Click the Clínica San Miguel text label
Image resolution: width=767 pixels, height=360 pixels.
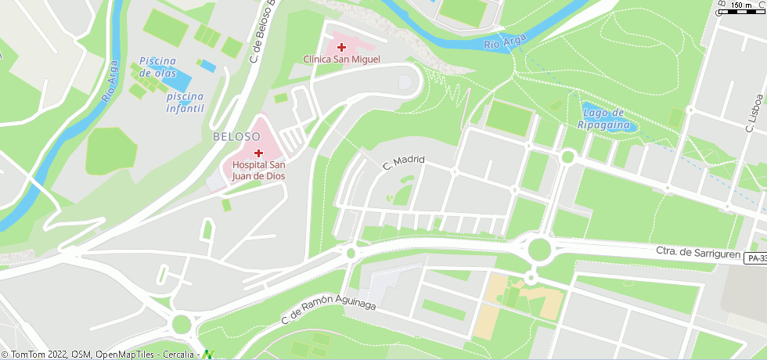(x=341, y=59)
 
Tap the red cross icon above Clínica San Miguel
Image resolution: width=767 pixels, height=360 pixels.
(x=341, y=48)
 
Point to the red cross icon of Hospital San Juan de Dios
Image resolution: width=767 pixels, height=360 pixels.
(x=257, y=153)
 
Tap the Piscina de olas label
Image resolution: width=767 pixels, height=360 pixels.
(x=157, y=67)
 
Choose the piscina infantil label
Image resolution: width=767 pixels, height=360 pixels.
(x=185, y=102)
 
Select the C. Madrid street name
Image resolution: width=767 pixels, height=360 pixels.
(x=403, y=163)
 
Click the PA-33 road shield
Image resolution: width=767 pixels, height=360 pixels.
(x=755, y=258)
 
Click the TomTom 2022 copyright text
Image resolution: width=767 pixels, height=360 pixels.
(x=35, y=355)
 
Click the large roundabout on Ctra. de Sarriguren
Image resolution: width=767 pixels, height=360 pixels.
(x=539, y=250)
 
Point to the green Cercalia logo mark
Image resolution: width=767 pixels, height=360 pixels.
(x=207, y=355)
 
